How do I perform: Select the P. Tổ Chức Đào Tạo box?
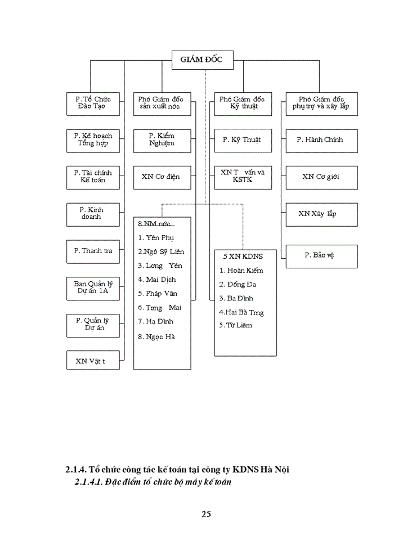93,103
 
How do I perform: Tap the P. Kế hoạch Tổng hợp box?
93,139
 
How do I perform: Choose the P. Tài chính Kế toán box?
93,177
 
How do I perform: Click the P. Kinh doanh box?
93,213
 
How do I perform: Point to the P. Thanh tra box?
93,250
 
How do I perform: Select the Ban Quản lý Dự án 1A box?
93,287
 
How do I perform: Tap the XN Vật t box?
93,361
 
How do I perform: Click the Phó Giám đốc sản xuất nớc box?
161,103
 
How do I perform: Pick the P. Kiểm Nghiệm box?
161,139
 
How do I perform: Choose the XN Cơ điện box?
161,177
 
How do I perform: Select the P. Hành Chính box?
321,139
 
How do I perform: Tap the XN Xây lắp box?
321,214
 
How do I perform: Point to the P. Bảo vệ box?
321,255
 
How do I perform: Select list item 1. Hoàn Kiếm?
241,270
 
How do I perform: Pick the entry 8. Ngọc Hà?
157,337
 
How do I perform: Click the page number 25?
206,514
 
